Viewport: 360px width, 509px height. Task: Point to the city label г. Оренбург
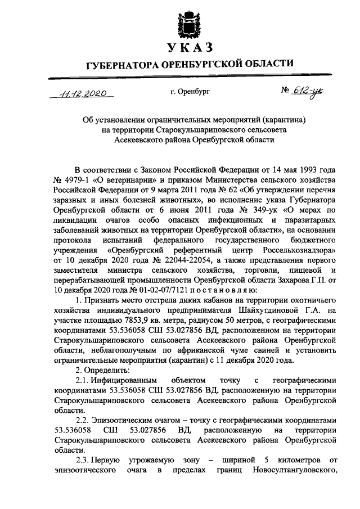pyautogui.click(x=189, y=91)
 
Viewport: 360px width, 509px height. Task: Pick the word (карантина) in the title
pyautogui.click(x=281, y=120)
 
